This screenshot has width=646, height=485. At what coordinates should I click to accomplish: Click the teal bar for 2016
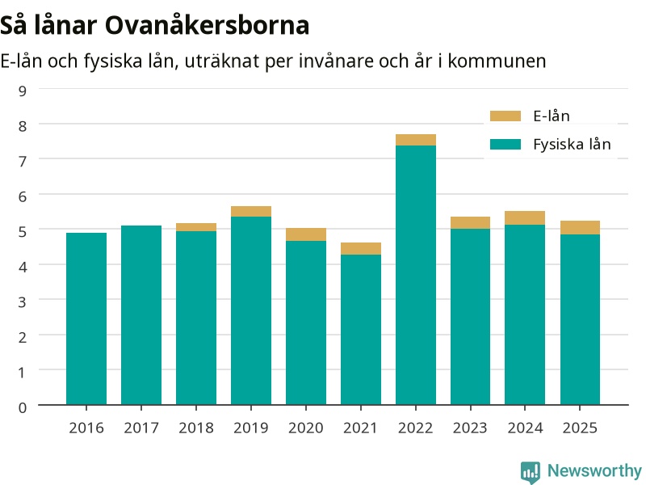pos(86,318)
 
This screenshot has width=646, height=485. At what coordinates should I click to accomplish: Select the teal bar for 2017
pos(141,315)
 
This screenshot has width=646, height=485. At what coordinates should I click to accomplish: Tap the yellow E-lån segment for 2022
pos(416,140)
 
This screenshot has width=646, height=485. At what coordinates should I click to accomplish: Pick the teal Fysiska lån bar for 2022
pos(416,275)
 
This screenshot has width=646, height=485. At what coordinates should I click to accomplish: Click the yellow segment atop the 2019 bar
pos(251,212)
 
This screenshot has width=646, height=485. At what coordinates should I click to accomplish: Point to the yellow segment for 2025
pos(580,228)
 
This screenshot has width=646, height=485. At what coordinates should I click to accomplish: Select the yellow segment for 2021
pos(361,249)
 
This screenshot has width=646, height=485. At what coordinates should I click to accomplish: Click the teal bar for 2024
pos(525,314)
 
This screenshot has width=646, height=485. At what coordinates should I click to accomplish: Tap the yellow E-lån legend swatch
pos(505,116)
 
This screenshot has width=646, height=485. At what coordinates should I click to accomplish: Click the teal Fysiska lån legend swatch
pos(505,145)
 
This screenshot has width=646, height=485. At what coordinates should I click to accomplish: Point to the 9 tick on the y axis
pos(23,91)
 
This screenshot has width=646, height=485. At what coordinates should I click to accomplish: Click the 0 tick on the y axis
pos(23,408)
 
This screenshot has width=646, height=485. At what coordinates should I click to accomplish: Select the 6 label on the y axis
pos(23,196)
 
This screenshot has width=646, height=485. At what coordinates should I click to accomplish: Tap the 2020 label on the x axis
pos(306,428)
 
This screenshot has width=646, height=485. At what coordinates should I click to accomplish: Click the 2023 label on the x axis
pos(470,428)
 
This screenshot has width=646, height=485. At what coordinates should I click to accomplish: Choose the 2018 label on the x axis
pos(196,428)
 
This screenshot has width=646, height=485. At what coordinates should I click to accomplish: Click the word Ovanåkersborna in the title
pos(207,25)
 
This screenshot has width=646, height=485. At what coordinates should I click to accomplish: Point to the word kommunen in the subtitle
pos(497,61)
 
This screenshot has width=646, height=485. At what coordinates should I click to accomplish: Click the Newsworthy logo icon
pos(531,472)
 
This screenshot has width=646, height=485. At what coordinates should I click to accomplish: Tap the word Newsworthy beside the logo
pos(594,470)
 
